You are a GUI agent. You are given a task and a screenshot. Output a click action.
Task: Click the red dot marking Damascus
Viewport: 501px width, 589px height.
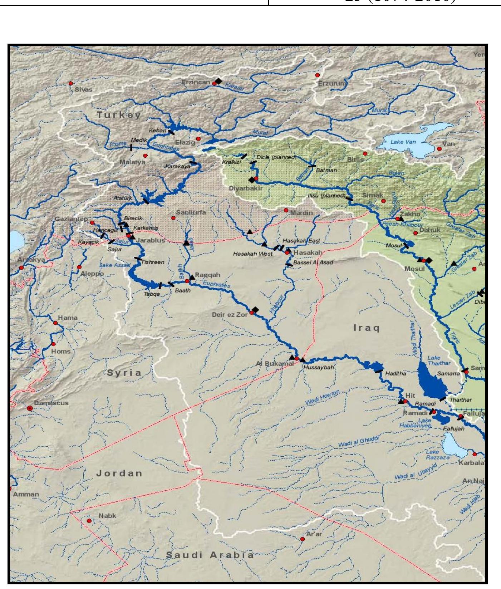(x=30, y=408)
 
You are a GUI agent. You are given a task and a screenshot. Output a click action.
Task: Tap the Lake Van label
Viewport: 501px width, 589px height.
(x=403, y=142)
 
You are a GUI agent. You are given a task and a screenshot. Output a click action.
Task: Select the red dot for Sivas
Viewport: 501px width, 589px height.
(x=70, y=83)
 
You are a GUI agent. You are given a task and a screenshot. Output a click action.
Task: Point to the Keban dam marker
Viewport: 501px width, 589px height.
(x=172, y=132)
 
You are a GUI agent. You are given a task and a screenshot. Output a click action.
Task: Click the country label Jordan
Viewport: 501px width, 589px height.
(x=119, y=473)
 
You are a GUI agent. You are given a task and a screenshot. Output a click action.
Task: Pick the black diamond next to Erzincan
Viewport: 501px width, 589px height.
(x=219, y=81)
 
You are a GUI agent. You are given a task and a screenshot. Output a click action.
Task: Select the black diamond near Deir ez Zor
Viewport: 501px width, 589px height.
(x=255, y=310)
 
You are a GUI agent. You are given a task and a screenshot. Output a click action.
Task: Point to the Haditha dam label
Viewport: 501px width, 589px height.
(x=396, y=373)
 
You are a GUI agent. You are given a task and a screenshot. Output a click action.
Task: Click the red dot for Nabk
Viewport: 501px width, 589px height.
(x=89, y=521)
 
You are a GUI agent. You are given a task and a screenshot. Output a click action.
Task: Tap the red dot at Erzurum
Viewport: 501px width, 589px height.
(x=317, y=75)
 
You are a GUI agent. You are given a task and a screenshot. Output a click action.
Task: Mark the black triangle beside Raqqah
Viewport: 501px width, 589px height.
(x=192, y=277)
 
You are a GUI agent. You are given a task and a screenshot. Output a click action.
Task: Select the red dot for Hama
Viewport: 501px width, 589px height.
(x=55, y=323)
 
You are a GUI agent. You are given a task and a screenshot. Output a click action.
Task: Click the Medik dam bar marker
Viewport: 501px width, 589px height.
(x=131, y=147)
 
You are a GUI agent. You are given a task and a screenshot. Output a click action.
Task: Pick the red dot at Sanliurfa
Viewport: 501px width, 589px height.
(x=173, y=218)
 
